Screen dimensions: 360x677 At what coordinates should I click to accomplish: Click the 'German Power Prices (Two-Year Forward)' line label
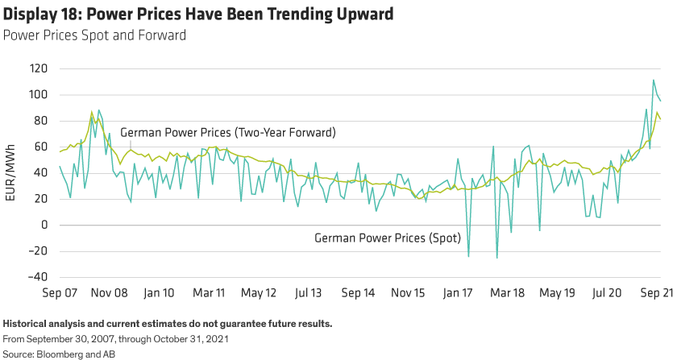point(227,132)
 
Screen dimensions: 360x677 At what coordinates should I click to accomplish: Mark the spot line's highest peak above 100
point(654,80)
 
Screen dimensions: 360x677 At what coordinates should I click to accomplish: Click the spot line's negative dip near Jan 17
point(469,256)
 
